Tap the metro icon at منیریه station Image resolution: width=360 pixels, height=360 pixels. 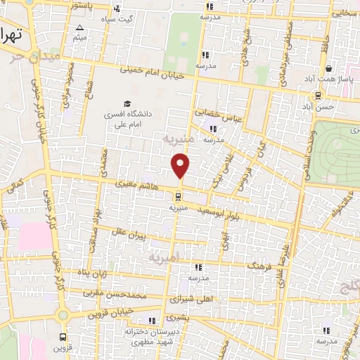177,197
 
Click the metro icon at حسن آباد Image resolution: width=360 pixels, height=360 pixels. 319,96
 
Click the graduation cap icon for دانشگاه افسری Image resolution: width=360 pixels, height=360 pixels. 127,103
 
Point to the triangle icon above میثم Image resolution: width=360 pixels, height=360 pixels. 78,28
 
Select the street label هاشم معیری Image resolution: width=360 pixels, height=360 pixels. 136,186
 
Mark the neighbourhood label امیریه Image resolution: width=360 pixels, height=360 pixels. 165,258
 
